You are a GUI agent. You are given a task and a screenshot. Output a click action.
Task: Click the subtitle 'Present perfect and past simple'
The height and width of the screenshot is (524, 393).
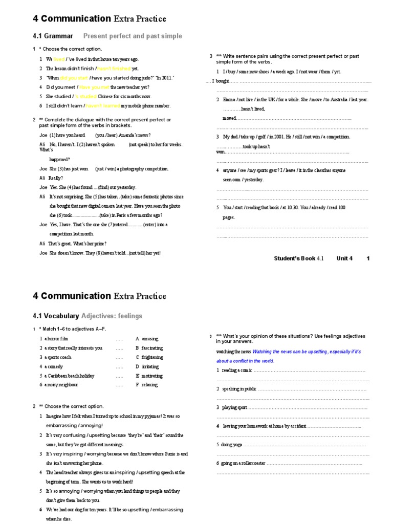coord(133,36)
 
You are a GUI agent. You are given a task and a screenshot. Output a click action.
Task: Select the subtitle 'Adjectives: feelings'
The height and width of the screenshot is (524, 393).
coord(112,316)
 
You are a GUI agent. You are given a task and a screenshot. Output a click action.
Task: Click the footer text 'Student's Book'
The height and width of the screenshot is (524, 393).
coord(295,258)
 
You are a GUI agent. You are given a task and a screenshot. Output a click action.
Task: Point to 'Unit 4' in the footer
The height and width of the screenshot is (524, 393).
coord(344,258)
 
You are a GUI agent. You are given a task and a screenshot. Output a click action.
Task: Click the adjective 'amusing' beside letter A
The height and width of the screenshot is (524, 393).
coord(150,339)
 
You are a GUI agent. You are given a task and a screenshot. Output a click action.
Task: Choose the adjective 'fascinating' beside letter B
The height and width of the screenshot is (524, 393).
coord(152,348)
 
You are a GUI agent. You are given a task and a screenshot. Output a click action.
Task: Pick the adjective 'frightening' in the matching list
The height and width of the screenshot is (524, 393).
coord(152,357)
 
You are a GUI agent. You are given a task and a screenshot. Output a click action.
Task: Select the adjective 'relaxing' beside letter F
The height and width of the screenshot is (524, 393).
coord(149,385)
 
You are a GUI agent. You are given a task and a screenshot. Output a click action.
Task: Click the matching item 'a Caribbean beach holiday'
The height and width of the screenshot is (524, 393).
coord(69,376)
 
